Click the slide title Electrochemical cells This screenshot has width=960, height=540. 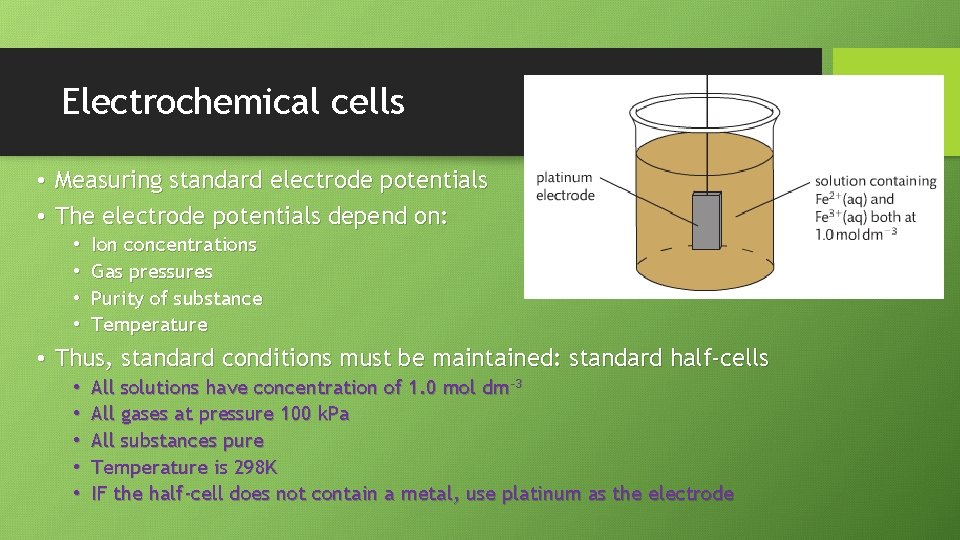[233, 102]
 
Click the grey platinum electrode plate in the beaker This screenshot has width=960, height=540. [707, 221]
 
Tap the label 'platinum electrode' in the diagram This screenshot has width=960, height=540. [564, 187]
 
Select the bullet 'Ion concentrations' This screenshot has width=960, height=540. [173, 245]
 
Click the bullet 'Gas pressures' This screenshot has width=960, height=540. [151, 272]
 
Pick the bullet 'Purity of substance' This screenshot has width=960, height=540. [176, 298]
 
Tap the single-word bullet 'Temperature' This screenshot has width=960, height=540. [149, 325]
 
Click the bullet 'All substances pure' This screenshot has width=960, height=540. [177, 441]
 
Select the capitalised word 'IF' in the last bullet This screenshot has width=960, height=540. [99, 494]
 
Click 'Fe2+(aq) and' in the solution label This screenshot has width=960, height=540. [854, 199]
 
